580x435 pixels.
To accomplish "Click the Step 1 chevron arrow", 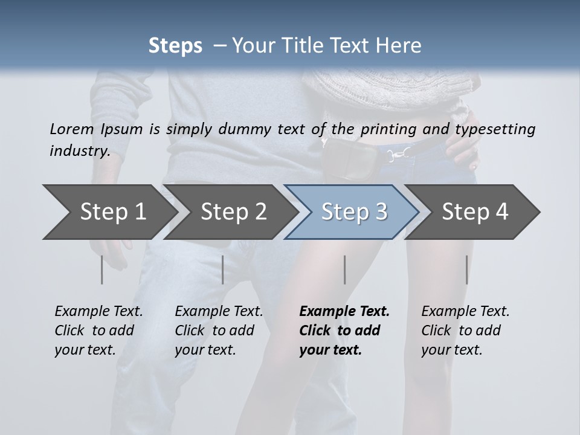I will pyautogui.click(x=109, y=212).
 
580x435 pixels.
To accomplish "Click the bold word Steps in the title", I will pyautogui.click(x=175, y=46).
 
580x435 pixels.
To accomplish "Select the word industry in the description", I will pyautogui.click(x=80, y=150).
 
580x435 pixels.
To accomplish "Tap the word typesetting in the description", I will pyautogui.click(x=495, y=129).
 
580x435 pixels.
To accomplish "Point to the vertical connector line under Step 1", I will pyautogui.click(x=102, y=269).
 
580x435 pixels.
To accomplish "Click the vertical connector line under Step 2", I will pyautogui.click(x=223, y=269).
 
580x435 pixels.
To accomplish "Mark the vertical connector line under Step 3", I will pyautogui.click(x=345, y=269).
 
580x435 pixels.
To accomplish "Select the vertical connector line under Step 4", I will pyautogui.click(x=467, y=269).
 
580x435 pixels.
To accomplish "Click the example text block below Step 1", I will pyautogui.click(x=98, y=330).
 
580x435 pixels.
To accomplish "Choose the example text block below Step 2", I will pyautogui.click(x=219, y=330).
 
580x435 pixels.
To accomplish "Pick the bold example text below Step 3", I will pyautogui.click(x=344, y=330).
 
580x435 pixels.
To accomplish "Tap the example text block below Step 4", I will pyautogui.click(x=465, y=330).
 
